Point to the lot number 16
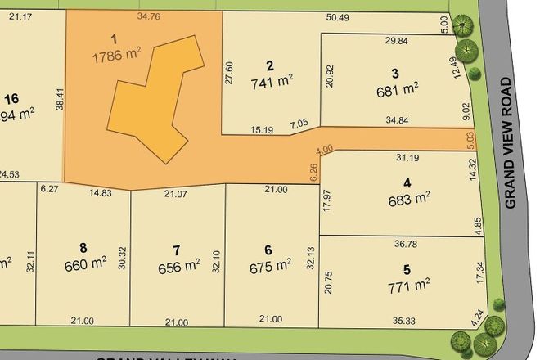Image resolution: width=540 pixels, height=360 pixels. click(11, 99)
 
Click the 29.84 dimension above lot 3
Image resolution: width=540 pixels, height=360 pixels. click(396, 40)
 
